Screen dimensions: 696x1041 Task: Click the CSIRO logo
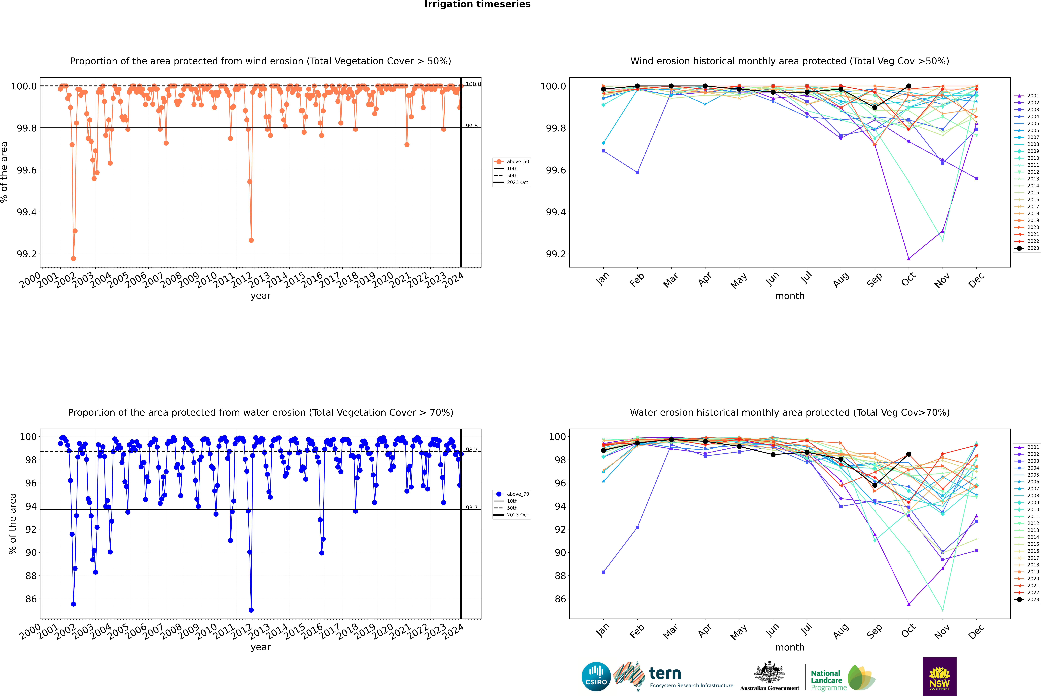[x=596, y=677]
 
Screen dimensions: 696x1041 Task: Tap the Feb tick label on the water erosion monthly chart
[x=637, y=631]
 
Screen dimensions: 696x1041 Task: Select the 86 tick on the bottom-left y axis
[x=31, y=599]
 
